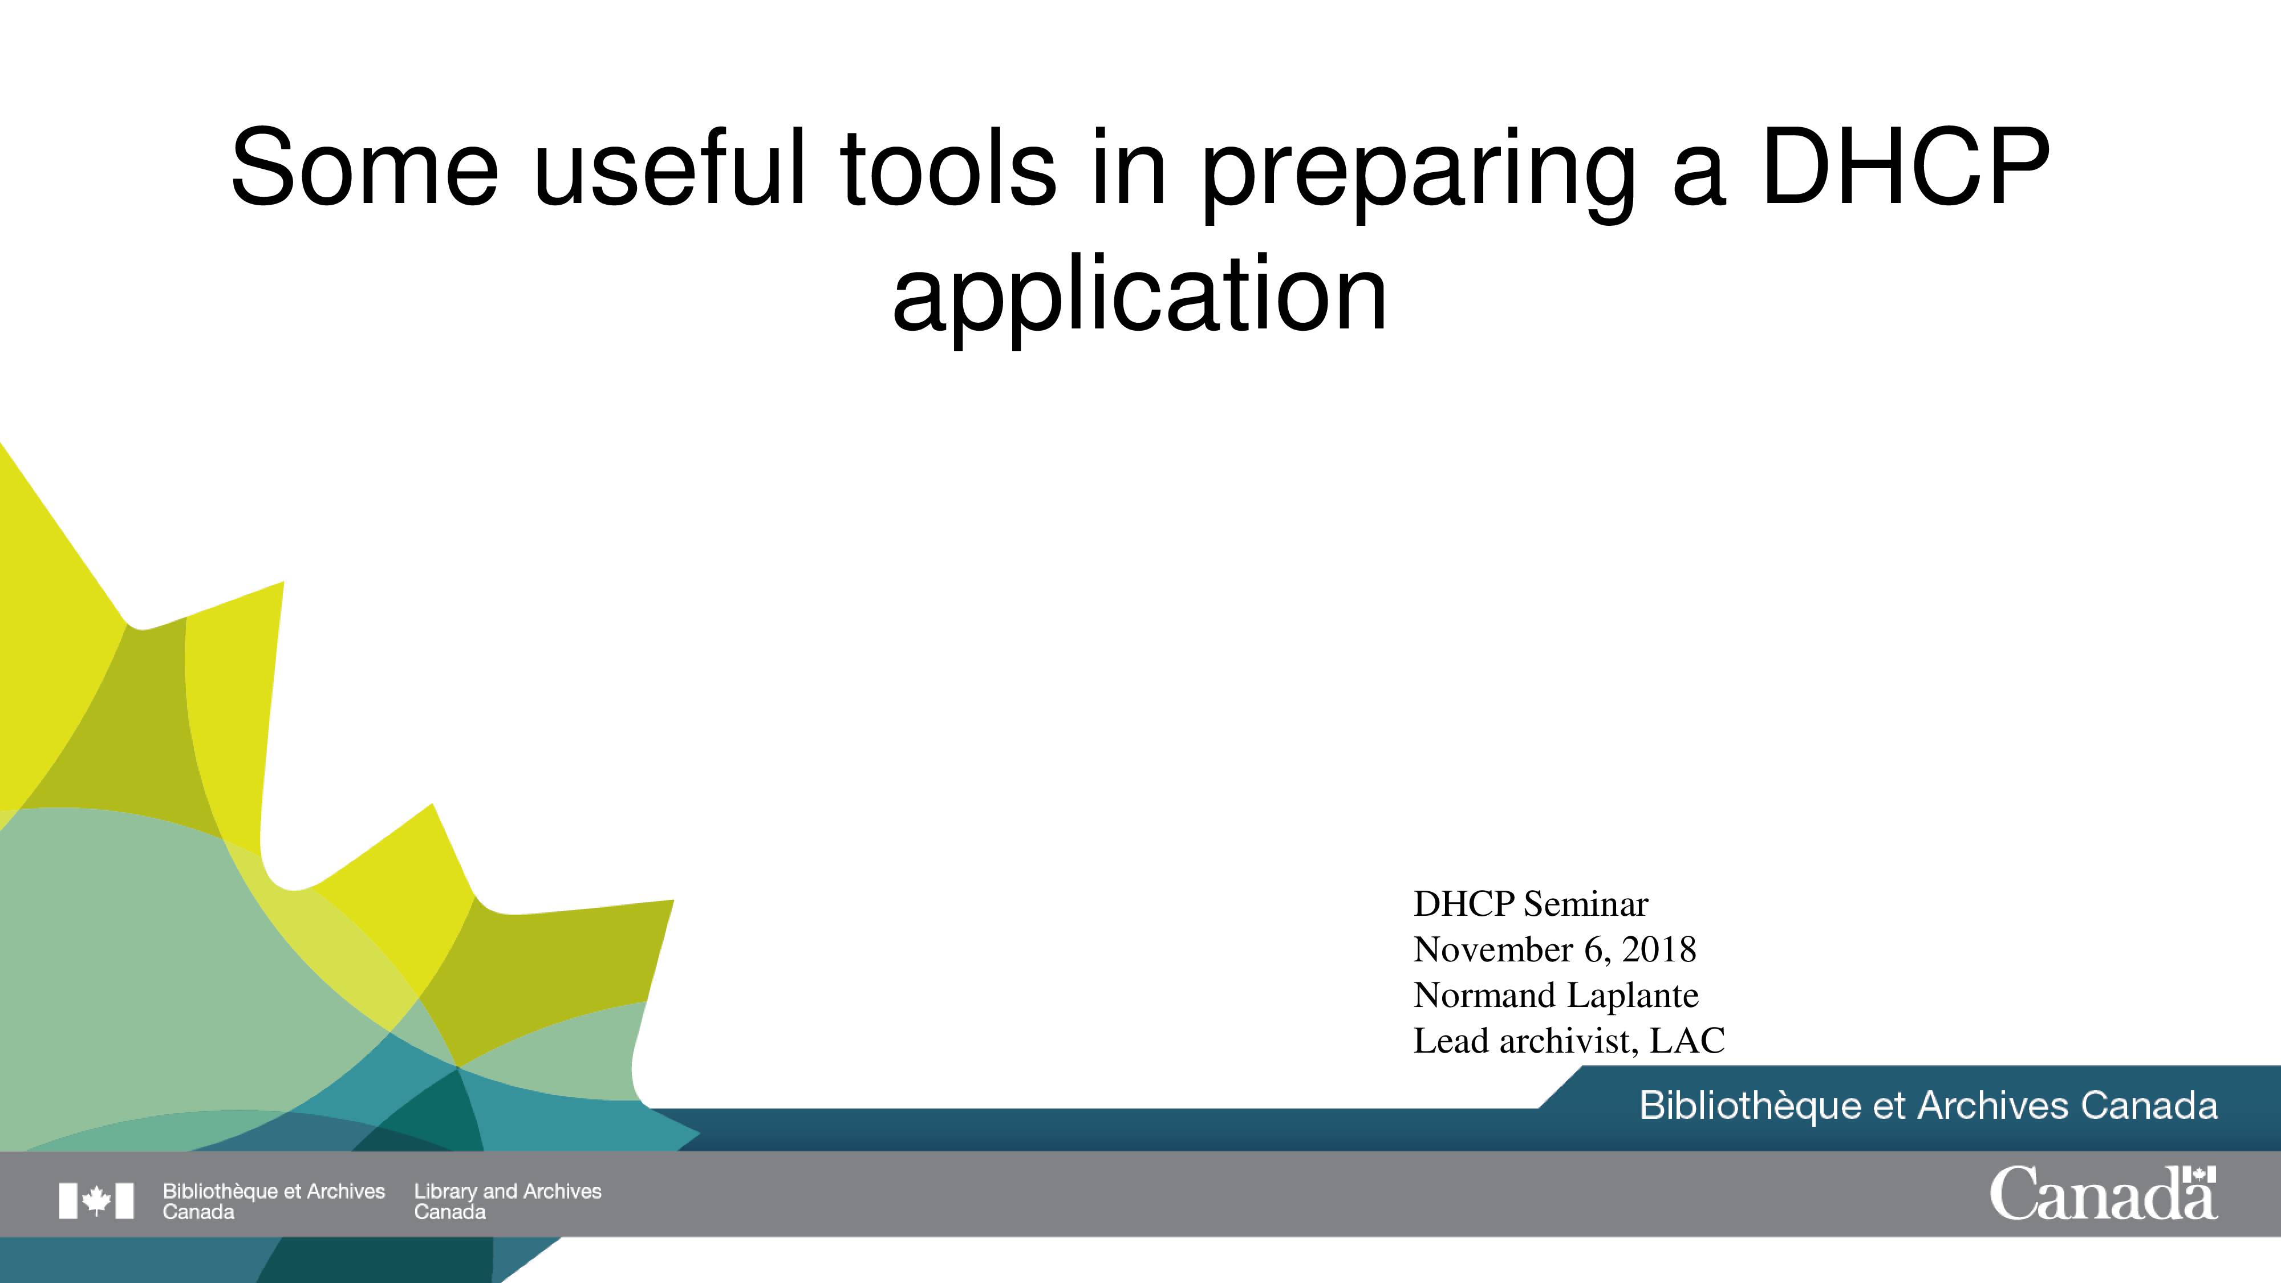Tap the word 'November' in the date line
1493,950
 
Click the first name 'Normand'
1484,995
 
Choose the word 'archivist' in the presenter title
1569,1041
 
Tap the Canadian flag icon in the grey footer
96,1201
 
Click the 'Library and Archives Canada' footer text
508,1201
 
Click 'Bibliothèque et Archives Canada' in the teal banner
1929,1106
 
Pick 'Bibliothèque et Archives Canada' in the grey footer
274,1201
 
